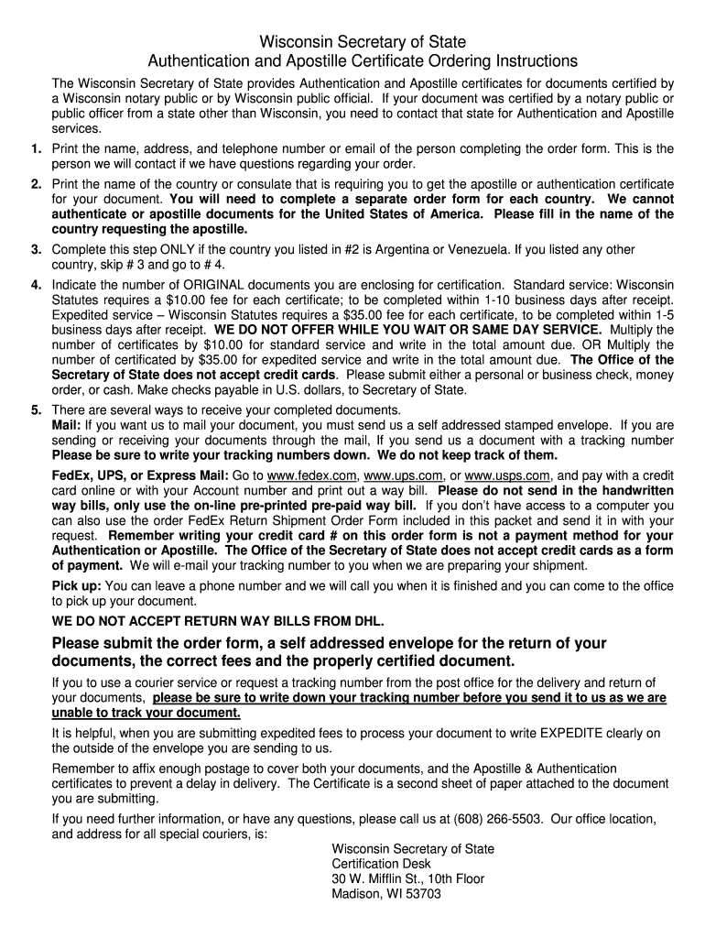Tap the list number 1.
click(x=35, y=148)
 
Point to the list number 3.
click(x=35, y=249)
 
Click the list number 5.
click(x=35, y=409)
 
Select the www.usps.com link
click(x=507, y=475)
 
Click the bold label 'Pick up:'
click(x=77, y=585)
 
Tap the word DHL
click(x=368, y=621)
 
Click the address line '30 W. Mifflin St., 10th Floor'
click(x=407, y=878)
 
